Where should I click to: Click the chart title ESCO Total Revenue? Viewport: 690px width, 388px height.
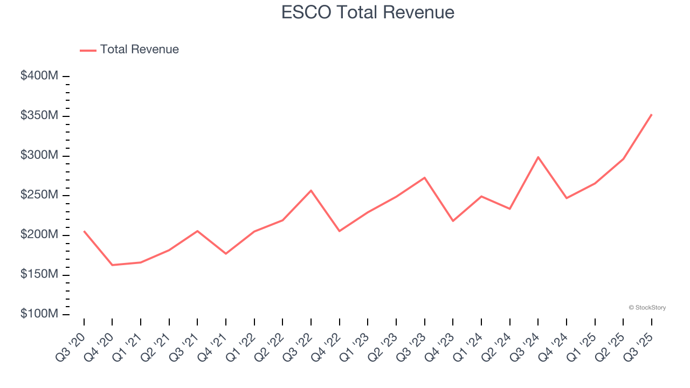pos(368,12)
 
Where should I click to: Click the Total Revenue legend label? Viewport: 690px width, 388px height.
pos(139,50)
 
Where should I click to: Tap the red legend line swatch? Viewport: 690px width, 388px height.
pos(88,50)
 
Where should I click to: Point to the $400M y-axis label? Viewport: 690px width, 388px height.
pos(39,76)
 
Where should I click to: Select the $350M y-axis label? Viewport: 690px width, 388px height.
pos(39,116)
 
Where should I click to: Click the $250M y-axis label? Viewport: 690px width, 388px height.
pos(39,195)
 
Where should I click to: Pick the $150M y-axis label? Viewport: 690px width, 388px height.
pos(39,274)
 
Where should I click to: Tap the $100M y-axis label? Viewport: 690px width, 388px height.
pos(39,314)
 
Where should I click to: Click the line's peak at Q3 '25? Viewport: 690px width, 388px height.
pos(651,114)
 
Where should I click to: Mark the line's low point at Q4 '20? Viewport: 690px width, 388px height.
pos(112,265)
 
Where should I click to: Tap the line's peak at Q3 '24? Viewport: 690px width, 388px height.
pos(538,157)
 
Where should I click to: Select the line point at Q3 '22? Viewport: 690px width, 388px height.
pos(311,190)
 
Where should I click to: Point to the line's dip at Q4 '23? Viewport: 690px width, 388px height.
pos(453,221)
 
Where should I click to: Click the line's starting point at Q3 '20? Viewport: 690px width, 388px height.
pos(84,231)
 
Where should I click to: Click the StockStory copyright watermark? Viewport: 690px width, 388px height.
pos(647,308)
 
